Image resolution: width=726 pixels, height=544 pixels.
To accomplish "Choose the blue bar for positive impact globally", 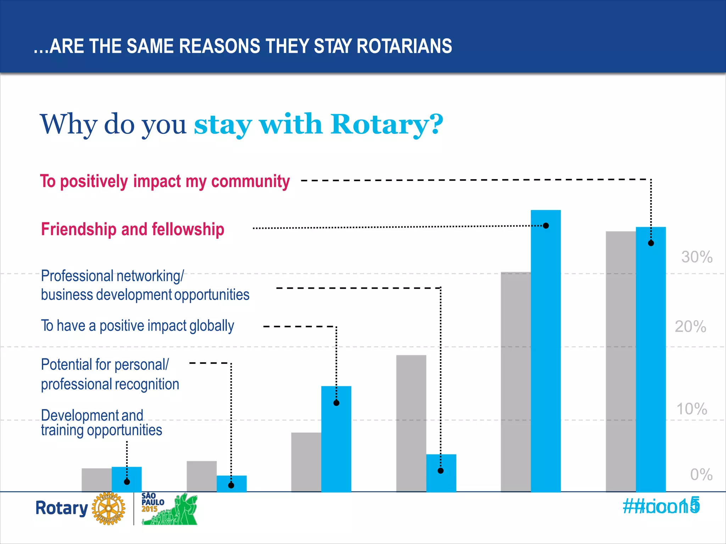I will coord(336,439).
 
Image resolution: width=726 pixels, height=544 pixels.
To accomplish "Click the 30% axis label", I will coord(697,257).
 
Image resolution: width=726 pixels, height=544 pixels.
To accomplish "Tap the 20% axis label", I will coord(690,326).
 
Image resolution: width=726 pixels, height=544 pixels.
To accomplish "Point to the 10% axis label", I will coord(692,409).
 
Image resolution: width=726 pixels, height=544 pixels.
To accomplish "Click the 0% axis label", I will coord(701,474).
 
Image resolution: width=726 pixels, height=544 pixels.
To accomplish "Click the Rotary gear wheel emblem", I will coord(108,508).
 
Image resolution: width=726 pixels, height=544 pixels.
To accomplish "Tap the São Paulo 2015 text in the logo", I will coord(152,503).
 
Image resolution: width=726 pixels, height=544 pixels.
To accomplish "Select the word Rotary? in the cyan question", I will coord(386,124).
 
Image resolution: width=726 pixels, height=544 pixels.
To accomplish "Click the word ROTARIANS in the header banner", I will coord(404,46).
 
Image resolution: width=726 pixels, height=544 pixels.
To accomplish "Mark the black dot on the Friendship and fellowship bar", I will coord(546,226).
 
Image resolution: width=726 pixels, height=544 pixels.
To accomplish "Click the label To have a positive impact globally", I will coord(138,326).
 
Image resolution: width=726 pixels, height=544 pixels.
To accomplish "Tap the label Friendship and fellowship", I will coord(133,229).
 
